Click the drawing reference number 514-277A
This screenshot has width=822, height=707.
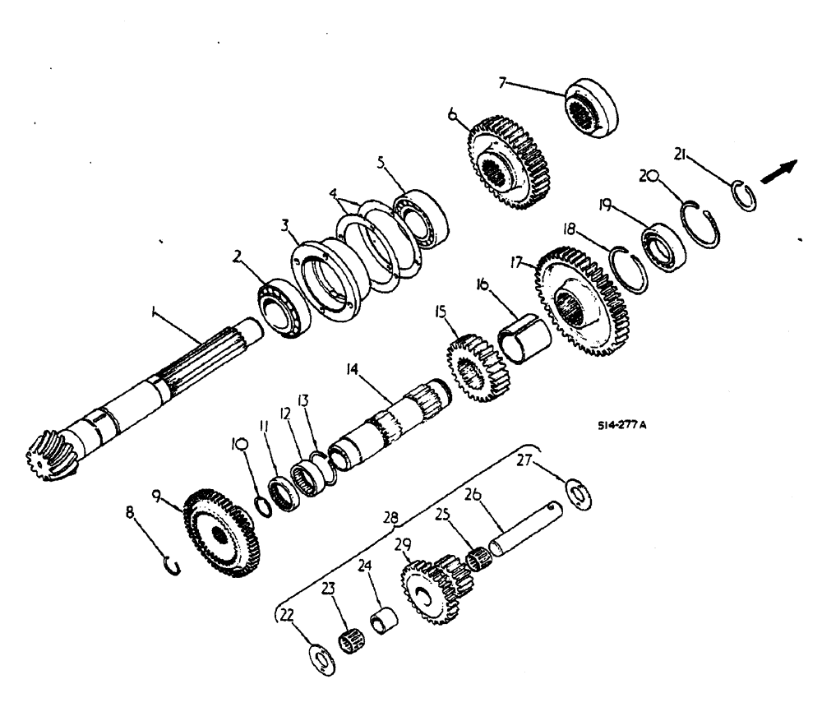623,426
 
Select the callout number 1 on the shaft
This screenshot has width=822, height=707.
152,313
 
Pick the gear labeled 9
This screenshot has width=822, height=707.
219,534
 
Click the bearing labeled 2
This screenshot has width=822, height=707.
282,309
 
